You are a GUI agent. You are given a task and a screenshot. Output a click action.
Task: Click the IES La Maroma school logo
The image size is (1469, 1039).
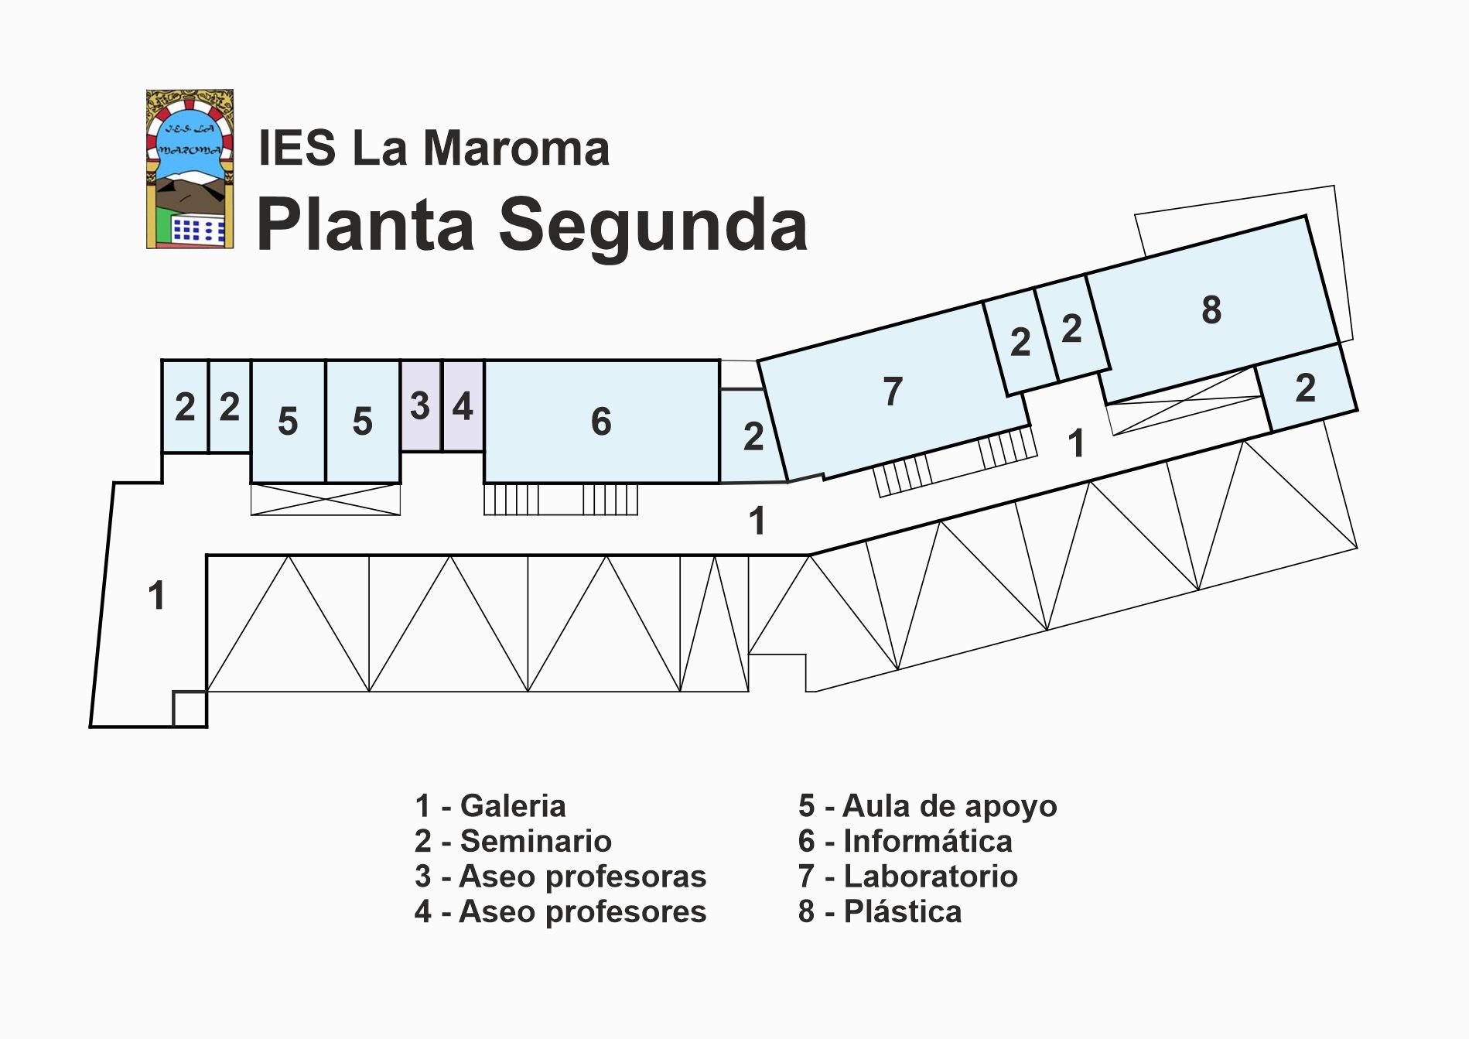click(190, 169)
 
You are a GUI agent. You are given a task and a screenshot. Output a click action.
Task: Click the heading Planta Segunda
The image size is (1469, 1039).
click(532, 225)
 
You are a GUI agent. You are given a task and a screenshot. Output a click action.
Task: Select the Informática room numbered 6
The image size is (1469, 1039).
click(602, 422)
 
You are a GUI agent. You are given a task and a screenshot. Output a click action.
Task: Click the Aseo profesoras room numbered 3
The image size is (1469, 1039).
click(420, 405)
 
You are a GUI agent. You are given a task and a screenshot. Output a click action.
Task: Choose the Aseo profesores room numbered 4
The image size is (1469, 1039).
click(463, 405)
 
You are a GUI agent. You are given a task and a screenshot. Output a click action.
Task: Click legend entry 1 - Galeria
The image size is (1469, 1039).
click(490, 806)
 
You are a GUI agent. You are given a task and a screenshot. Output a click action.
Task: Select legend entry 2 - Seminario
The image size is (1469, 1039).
click(513, 841)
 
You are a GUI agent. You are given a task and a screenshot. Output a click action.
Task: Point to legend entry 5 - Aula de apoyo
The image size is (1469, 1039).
click(928, 807)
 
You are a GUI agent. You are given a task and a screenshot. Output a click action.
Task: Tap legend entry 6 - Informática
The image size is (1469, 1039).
click(905, 841)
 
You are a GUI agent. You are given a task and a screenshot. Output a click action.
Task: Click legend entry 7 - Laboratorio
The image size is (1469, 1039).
click(908, 877)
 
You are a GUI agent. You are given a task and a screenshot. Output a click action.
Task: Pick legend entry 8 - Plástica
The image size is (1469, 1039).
click(880, 912)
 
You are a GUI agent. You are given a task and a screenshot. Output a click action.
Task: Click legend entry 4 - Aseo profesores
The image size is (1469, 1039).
click(560, 912)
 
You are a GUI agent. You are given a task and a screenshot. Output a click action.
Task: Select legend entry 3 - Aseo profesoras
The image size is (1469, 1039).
click(560, 877)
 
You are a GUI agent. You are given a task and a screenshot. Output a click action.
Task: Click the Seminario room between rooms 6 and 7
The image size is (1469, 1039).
click(750, 436)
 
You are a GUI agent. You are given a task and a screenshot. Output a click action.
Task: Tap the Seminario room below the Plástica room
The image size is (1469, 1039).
click(1306, 388)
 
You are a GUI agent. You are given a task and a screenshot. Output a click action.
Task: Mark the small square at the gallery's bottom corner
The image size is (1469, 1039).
click(190, 709)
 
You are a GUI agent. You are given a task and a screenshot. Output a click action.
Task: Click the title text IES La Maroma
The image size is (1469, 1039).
click(434, 148)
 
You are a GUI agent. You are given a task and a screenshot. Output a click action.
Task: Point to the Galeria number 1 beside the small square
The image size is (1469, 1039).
click(156, 596)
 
